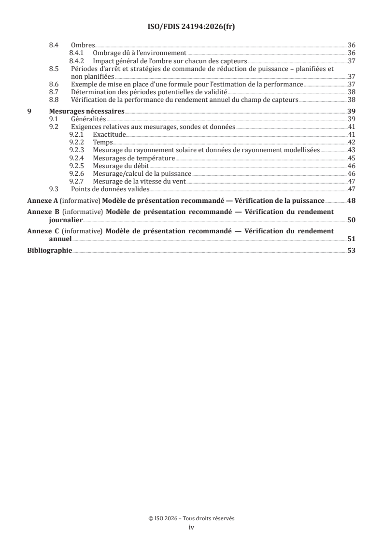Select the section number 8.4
(55, 45)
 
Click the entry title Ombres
(83, 45)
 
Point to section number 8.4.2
(77, 61)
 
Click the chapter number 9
(29, 111)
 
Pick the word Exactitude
(109, 134)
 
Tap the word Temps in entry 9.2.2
(102, 143)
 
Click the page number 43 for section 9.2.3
(352, 150)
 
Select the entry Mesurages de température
(134, 158)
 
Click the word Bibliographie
(49, 251)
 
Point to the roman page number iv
(191, 528)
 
